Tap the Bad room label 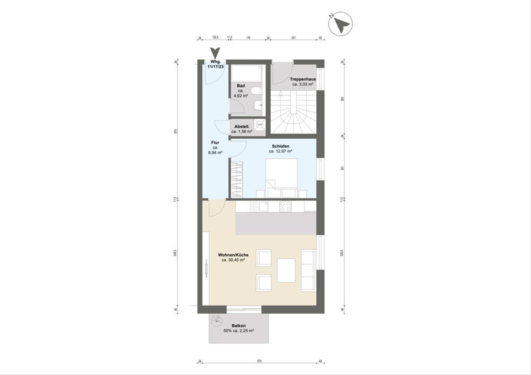pyautogui.click(x=241, y=86)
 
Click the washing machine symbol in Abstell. pyautogui.click(x=259, y=126)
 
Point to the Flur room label pyautogui.click(x=215, y=143)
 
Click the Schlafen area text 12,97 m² pyautogui.click(x=281, y=151)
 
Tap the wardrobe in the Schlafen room pyautogui.click(x=237, y=180)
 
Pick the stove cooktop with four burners pyautogui.click(x=285, y=206)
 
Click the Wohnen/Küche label pyautogui.click(x=233, y=255)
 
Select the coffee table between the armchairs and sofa pyautogui.click(x=286, y=270)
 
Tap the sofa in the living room pyautogui.click(x=308, y=270)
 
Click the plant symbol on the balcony pyautogui.click(x=217, y=321)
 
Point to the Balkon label pyautogui.click(x=239, y=325)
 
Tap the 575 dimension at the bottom pyautogui.click(x=259, y=361)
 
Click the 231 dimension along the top pyautogui.click(x=292, y=38)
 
